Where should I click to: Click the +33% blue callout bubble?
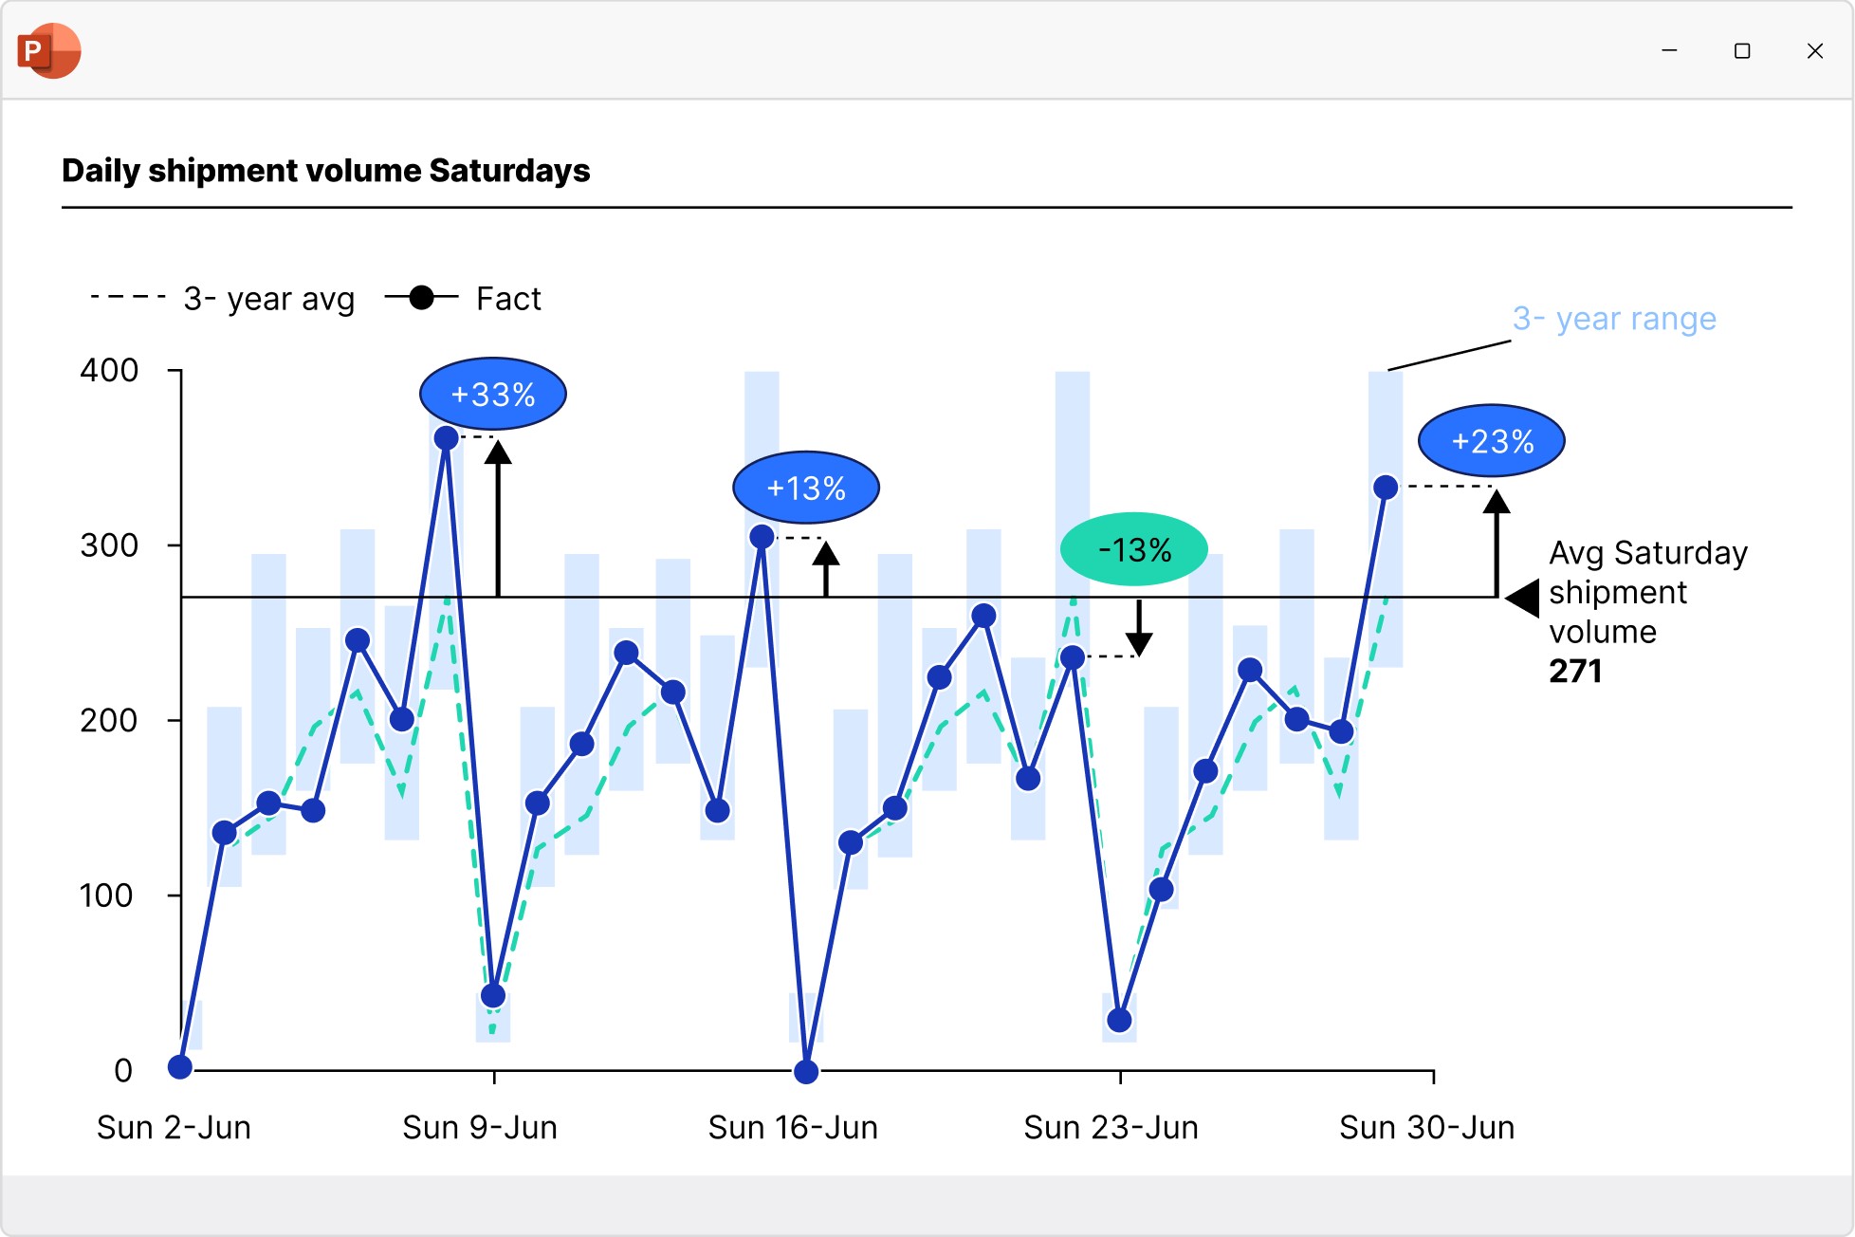(x=492, y=394)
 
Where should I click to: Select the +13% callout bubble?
(x=805, y=488)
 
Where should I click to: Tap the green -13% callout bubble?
(x=1134, y=549)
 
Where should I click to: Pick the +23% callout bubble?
(x=1492, y=441)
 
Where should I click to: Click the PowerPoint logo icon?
(x=48, y=50)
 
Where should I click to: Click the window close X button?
(x=1814, y=51)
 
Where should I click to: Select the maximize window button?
(x=1742, y=51)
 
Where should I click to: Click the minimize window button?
(x=1669, y=51)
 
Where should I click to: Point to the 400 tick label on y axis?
(x=109, y=370)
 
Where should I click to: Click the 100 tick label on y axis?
(x=106, y=895)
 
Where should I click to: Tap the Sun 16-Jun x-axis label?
(x=793, y=1127)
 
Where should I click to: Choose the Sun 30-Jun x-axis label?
(x=1426, y=1127)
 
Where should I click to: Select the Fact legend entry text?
(x=508, y=299)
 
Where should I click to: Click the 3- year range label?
(x=1614, y=319)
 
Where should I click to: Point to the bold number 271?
(x=1575, y=672)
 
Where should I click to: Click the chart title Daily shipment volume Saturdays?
(x=325, y=171)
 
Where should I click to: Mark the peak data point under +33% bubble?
(x=446, y=438)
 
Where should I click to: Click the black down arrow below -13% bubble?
(x=1139, y=630)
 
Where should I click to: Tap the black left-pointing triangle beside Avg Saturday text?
(x=1523, y=598)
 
